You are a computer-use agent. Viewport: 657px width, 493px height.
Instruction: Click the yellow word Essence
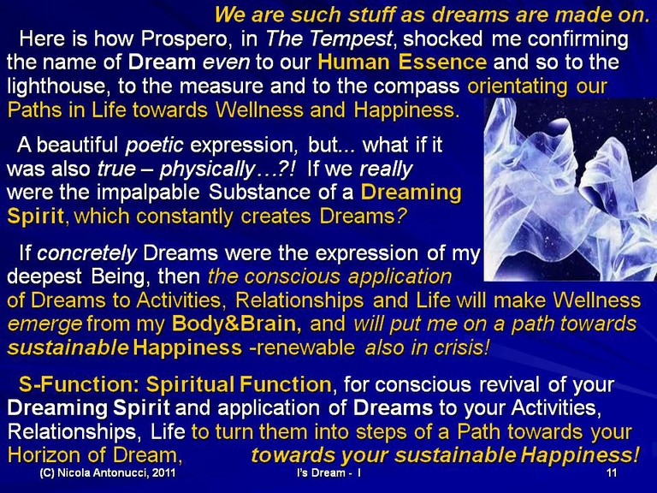click(442, 62)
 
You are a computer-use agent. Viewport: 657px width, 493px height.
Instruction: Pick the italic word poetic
click(154, 145)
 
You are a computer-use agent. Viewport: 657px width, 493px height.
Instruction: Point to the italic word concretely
click(86, 253)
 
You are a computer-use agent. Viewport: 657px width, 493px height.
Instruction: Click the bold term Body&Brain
click(236, 324)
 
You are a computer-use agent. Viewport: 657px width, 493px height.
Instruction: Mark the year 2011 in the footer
click(164, 472)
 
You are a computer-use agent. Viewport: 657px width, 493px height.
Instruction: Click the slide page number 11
click(612, 472)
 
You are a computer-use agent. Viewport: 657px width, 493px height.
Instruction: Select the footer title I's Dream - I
click(328, 472)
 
